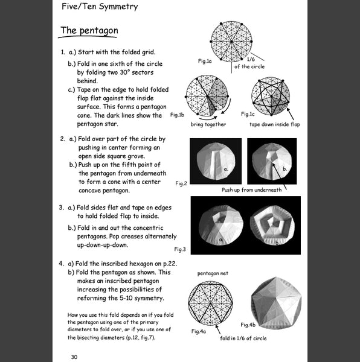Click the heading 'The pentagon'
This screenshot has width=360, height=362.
[89, 31]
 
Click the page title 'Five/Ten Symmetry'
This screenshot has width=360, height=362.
[100, 6]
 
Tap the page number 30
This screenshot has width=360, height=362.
[74, 357]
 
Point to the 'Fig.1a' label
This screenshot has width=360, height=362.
[205, 61]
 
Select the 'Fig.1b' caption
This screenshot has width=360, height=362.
[177, 115]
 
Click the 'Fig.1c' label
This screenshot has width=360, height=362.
[248, 114]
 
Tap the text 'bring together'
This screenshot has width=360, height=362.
[208, 124]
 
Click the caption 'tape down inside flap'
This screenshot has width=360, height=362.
[275, 124]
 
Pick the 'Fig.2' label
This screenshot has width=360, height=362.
[181, 183]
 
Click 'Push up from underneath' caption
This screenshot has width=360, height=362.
[252, 190]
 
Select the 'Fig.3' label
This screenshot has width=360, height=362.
[180, 249]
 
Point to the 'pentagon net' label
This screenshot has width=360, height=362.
[213, 273]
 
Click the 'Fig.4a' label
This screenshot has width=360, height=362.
[199, 331]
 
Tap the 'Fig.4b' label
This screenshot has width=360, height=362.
[248, 325]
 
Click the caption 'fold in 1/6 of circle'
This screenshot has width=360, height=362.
[243, 338]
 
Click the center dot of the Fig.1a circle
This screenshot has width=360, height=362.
[231, 42]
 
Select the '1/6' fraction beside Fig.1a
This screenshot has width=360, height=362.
[251, 59]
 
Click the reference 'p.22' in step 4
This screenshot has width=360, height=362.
[170, 264]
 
